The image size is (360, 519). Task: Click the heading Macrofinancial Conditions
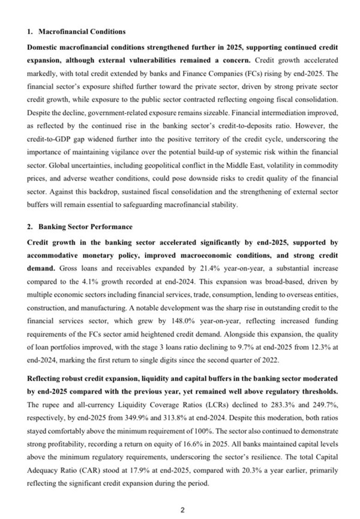pyautogui.click(x=82, y=31)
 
